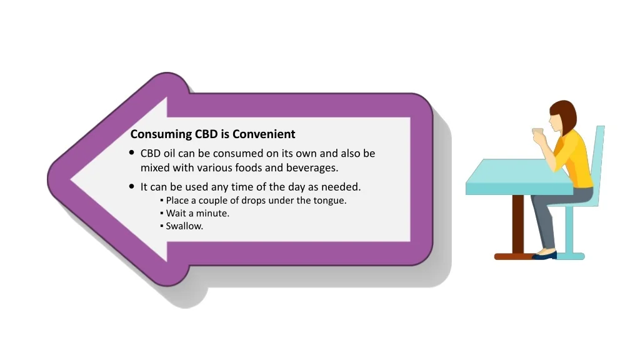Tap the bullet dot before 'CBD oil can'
(x=131, y=152)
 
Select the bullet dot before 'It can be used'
(x=131, y=186)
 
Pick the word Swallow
(x=184, y=226)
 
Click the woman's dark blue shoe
(x=544, y=256)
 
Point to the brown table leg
(x=517, y=224)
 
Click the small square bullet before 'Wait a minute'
(x=162, y=213)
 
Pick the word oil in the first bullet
(x=169, y=153)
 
